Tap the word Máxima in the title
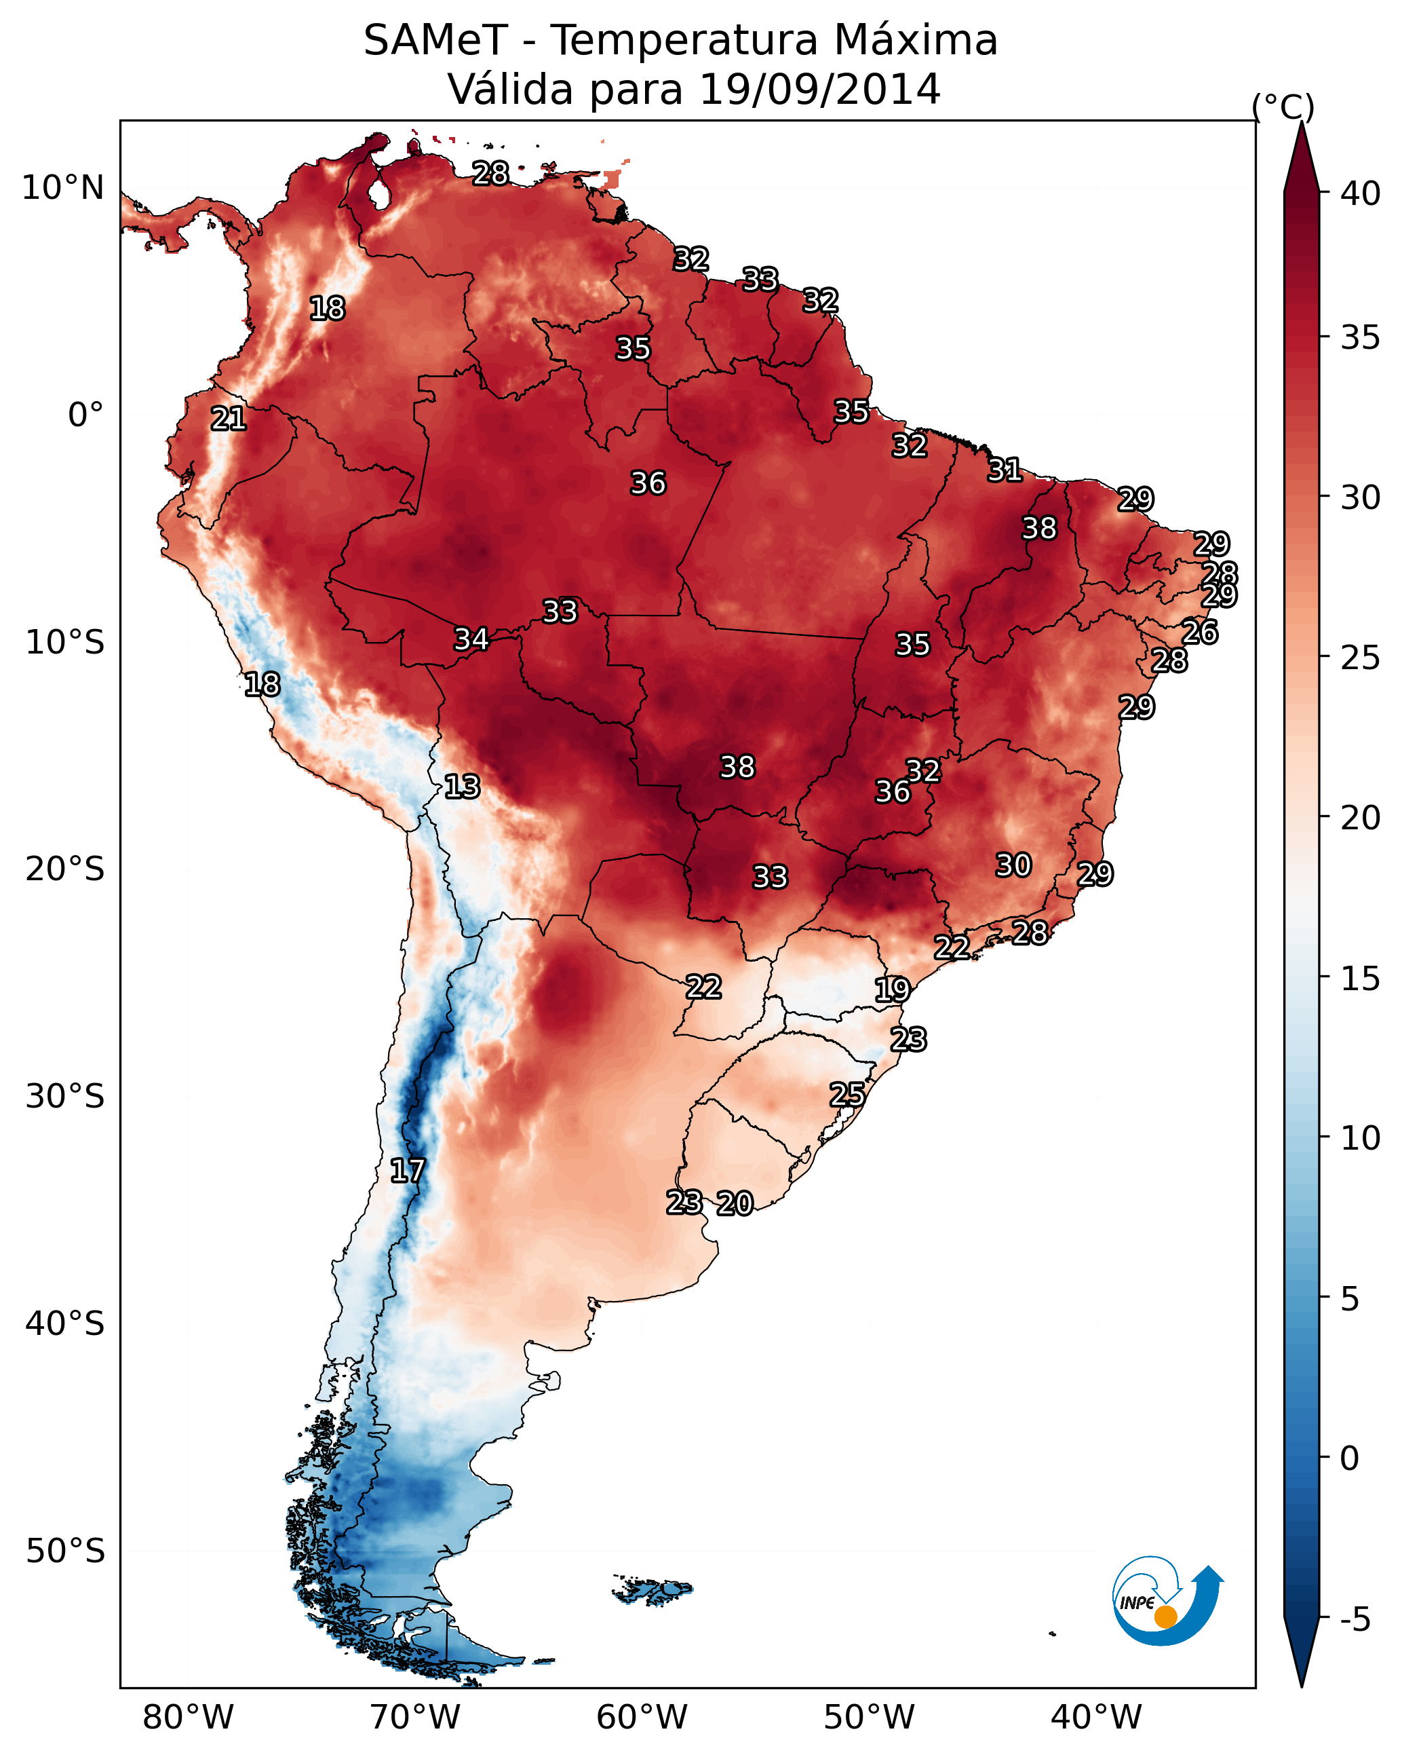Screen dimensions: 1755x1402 [x=914, y=41]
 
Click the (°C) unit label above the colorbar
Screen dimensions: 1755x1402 [x=1283, y=107]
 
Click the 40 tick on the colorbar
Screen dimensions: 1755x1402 [x=1360, y=193]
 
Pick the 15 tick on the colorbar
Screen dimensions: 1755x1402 [x=1360, y=979]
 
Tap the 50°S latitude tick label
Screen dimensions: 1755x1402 [x=65, y=1551]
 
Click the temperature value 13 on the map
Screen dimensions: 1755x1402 [x=462, y=787]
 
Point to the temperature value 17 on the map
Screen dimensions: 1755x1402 [x=408, y=1171]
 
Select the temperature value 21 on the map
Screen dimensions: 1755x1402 [x=229, y=419]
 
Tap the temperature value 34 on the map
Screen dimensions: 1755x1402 [x=471, y=639]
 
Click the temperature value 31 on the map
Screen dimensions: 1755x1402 [x=1005, y=470]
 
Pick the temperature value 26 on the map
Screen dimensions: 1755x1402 [x=1200, y=632]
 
